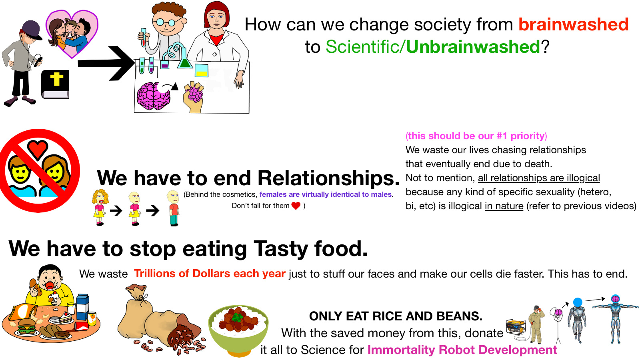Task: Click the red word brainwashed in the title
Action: [x=574, y=24]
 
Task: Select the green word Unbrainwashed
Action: [x=473, y=46]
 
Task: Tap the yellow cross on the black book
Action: [x=56, y=79]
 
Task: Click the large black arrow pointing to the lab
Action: [x=106, y=63]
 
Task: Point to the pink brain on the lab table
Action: [x=154, y=96]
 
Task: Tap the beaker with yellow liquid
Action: [x=202, y=70]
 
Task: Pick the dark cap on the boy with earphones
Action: [x=32, y=30]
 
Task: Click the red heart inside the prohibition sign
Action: [x=38, y=149]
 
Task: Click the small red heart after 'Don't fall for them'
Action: [x=296, y=206]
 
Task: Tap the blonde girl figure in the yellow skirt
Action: [x=100, y=207]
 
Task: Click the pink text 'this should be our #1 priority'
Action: [x=476, y=136]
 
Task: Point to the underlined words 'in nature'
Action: [x=504, y=206]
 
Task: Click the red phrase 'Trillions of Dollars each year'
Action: [x=210, y=274]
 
